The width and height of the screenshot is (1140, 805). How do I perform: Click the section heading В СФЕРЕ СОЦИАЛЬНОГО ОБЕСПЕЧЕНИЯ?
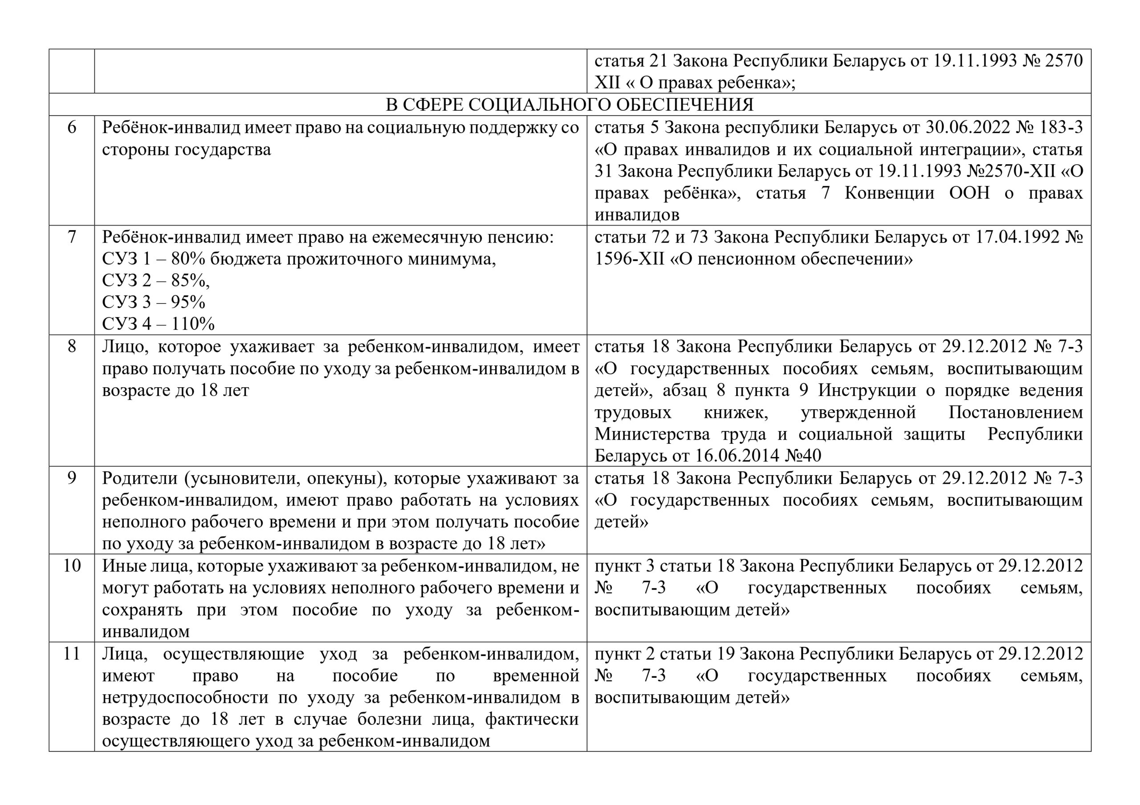(570, 105)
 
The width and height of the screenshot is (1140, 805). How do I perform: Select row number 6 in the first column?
(72, 128)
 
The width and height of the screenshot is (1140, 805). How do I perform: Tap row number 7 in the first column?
(72, 237)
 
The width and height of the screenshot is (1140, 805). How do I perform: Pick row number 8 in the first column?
(72, 346)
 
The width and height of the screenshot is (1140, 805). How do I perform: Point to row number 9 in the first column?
(72, 478)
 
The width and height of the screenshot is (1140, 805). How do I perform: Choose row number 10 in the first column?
(72, 566)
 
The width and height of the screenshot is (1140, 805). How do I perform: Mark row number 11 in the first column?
(72, 654)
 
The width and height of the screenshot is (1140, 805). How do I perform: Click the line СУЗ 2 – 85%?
(156, 281)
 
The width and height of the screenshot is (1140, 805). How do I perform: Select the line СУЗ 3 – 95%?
(154, 302)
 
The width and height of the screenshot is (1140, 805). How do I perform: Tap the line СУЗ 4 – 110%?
(159, 324)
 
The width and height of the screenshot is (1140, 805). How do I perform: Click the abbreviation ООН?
(969, 193)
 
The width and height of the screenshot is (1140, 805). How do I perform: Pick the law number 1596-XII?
(629, 259)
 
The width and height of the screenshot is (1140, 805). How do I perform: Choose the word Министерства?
(652, 434)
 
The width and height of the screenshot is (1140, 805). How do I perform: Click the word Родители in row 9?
(138, 478)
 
